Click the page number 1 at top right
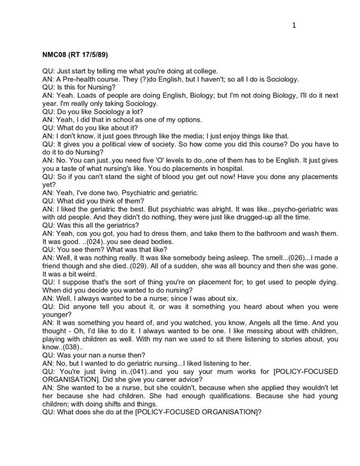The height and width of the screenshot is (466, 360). [294, 25]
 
